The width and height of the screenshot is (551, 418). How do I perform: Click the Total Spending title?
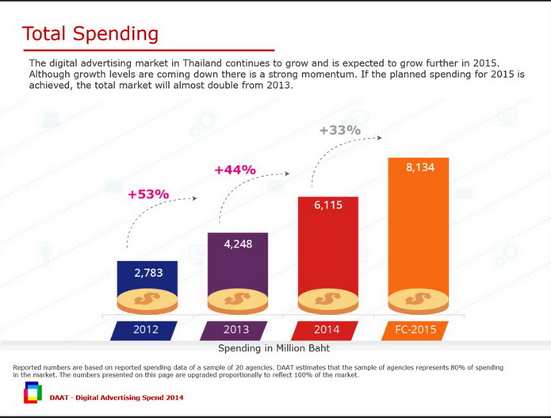click(x=90, y=34)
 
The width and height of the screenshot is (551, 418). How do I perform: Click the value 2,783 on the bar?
click(x=147, y=273)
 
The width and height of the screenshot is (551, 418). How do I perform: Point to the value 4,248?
click(x=238, y=244)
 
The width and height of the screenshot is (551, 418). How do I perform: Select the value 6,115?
click(x=328, y=205)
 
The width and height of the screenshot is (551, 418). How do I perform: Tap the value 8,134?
click(x=419, y=167)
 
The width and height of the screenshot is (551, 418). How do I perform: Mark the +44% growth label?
click(x=235, y=170)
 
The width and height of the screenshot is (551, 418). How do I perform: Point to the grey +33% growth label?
click(x=340, y=130)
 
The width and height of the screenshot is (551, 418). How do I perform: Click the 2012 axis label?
click(x=146, y=330)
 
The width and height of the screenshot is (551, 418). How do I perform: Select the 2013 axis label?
click(x=236, y=330)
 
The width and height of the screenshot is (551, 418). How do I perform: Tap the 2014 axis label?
click(x=327, y=330)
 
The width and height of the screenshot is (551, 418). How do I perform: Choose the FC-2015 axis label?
click(x=415, y=330)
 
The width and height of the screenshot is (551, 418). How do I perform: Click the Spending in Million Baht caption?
click(x=274, y=348)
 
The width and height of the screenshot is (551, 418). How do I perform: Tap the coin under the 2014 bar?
click(x=328, y=301)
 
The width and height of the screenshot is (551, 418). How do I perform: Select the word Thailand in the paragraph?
click(x=197, y=63)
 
